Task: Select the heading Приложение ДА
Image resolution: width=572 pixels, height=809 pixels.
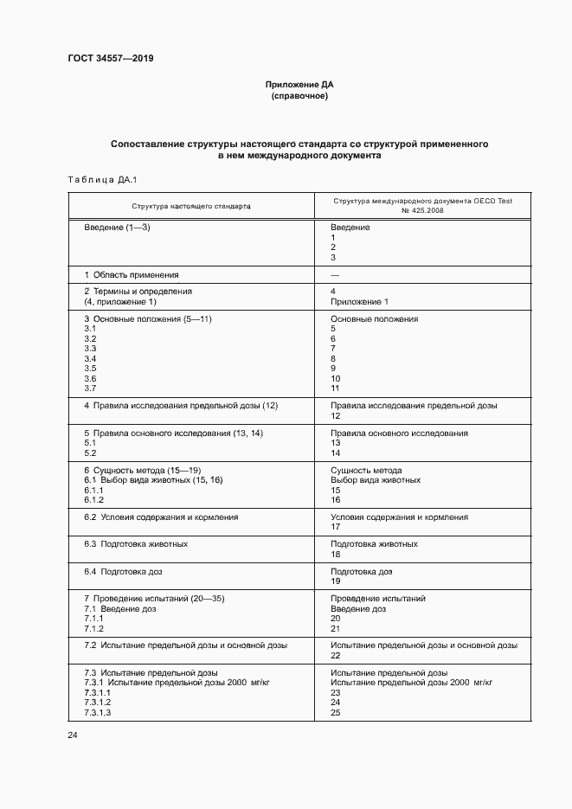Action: click(x=299, y=86)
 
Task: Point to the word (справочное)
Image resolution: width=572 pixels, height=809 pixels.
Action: click(x=299, y=97)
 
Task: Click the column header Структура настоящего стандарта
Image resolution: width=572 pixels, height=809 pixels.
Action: click(x=191, y=208)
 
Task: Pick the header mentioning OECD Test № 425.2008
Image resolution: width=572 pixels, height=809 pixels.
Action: click(x=422, y=206)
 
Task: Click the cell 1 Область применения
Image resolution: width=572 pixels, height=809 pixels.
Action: click(x=132, y=274)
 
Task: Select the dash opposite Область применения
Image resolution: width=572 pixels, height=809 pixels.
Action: click(x=335, y=274)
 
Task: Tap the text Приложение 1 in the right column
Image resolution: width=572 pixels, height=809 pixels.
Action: click(x=359, y=302)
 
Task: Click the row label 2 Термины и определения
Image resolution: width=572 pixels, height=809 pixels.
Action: click(x=138, y=292)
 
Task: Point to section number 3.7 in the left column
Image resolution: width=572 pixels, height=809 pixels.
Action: click(x=90, y=389)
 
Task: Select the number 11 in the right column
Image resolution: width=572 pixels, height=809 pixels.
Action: click(x=335, y=389)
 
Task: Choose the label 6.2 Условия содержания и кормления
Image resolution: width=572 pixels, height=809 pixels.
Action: click(x=161, y=517)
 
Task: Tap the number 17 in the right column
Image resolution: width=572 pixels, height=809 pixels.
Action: click(x=335, y=528)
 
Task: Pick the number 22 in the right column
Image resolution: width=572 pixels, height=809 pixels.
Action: click(x=335, y=656)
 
